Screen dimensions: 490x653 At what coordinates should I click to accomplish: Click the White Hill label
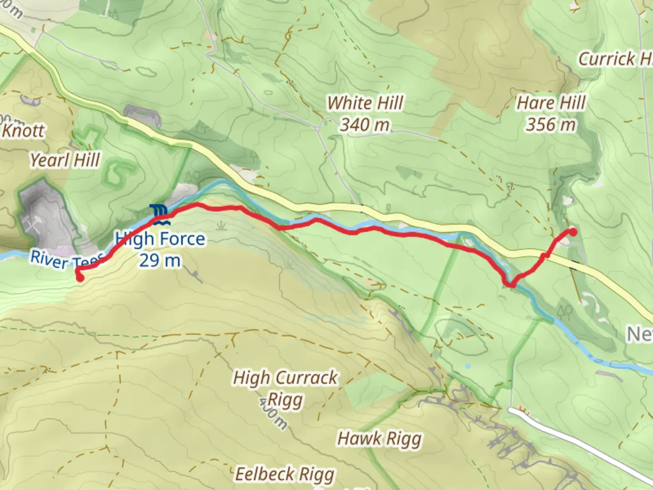[x=365, y=103]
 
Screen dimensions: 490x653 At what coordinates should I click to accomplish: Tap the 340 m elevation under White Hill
[x=365, y=125]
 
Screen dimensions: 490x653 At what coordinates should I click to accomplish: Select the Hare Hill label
[x=551, y=103]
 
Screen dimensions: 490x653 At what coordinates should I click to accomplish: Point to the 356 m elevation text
[x=551, y=124]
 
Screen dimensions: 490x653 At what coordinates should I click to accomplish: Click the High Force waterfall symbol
[x=160, y=215]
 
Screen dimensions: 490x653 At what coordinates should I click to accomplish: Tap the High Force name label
[x=160, y=239]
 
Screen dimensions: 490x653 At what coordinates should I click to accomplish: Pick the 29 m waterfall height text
[x=160, y=260]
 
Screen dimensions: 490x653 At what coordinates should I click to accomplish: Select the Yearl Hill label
[x=65, y=160]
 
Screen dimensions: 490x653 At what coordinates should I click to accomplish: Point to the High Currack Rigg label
[x=285, y=388]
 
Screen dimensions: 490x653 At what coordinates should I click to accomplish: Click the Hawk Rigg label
[x=379, y=439]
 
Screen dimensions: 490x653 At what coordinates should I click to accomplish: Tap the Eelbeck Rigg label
[x=285, y=474]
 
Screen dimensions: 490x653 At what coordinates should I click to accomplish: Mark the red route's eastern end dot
[x=573, y=232]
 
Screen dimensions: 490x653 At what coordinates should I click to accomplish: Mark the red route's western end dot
[x=80, y=278]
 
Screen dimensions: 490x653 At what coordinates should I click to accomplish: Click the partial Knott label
[x=23, y=131]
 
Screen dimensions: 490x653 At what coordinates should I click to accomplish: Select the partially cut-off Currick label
[x=614, y=59]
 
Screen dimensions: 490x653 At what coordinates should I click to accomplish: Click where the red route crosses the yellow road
[x=546, y=256]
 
